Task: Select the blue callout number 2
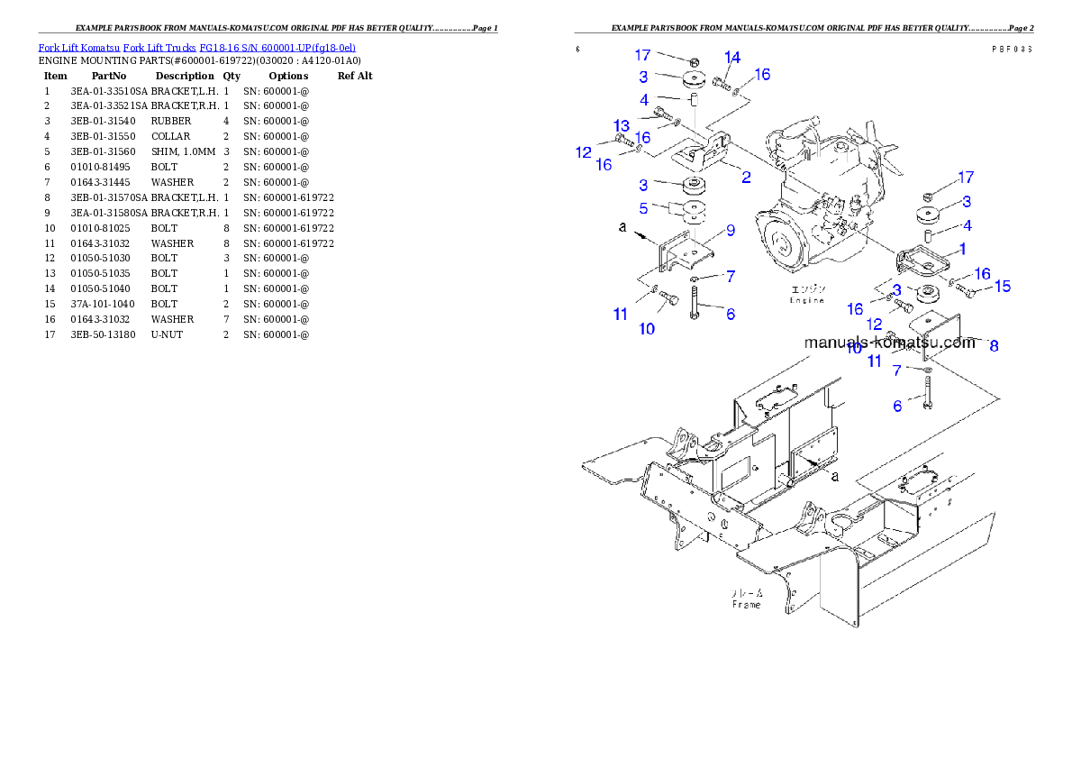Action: click(746, 177)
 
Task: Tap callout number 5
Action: click(643, 208)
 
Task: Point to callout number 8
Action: click(994, 344)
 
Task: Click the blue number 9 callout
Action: click(730, 230)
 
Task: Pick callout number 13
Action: click(622, 124)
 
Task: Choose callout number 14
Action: click(732, 58)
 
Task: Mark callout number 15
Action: click(1002, 287)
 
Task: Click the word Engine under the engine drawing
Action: click(806, 300)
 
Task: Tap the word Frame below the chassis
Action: click(745, 604)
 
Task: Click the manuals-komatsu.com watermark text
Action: click(889, 343)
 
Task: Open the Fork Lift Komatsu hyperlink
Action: click(196, 47)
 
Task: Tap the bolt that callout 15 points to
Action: click(965, 289)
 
